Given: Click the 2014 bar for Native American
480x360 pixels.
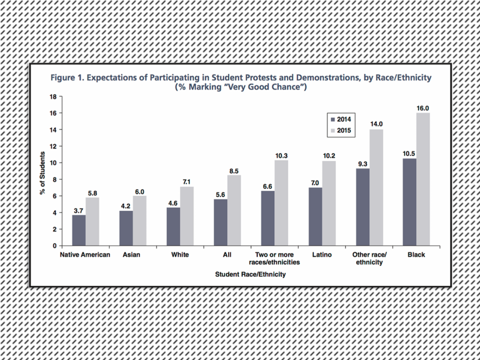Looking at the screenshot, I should [79, 230].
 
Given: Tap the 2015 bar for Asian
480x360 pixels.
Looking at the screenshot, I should [140, 221].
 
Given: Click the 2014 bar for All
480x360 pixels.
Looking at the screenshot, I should [221, 222].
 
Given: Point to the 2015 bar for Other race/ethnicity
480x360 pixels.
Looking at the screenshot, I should [376, 187].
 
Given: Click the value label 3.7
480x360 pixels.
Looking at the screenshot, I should [79, 210].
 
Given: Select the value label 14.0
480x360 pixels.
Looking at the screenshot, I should [376, 124].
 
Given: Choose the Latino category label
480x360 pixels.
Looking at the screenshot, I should [322, 255].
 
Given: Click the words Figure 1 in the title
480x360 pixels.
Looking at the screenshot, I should [69, 78].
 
